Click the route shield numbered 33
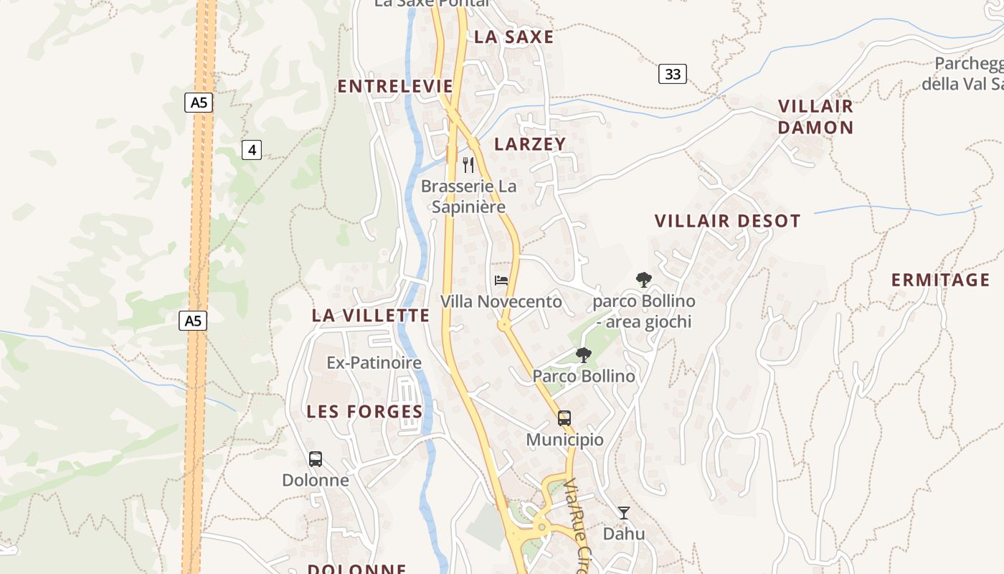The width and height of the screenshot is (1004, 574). [672, 74]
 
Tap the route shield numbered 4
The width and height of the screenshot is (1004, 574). [251, 150]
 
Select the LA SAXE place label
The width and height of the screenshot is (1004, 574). [514, 37]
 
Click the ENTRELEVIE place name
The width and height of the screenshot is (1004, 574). [395, 87]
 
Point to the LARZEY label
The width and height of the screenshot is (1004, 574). [530, 144]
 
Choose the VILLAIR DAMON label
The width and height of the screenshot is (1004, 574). [815, 117]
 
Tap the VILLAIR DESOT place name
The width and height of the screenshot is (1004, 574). [727, 221]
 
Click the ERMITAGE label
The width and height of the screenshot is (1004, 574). [940, 280]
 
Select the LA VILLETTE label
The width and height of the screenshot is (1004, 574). [371, 316]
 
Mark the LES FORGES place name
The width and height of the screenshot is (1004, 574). [364, 412]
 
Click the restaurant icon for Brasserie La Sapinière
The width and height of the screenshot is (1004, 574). [468, 165]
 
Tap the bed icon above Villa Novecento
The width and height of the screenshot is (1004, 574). [501, 280]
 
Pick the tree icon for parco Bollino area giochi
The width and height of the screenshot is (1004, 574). [643, 280]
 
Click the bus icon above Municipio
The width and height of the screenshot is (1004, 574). [564, 418]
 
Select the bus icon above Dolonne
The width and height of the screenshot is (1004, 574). [315, 459]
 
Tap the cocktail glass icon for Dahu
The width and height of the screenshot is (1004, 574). [624, 512]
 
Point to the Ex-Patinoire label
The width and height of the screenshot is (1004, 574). [374, 363]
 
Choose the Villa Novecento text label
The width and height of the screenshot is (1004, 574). [501, 302]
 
